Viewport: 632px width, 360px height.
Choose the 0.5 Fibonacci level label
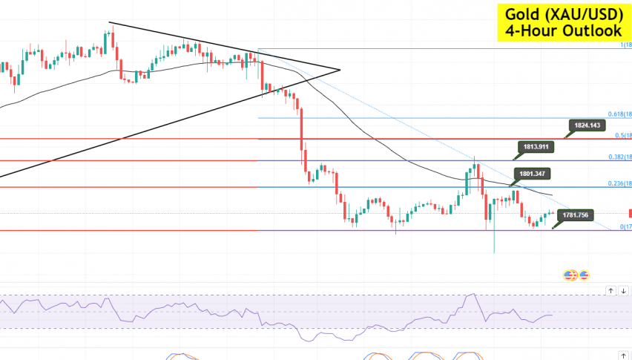622,135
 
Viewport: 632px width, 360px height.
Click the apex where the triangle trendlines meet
339,71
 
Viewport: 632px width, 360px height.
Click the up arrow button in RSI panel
610,290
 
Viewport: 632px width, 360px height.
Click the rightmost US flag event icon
584,275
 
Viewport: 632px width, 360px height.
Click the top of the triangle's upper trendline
110,23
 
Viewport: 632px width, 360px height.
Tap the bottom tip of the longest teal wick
493,253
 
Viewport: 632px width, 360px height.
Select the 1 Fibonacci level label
625,45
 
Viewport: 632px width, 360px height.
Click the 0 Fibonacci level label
625,226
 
